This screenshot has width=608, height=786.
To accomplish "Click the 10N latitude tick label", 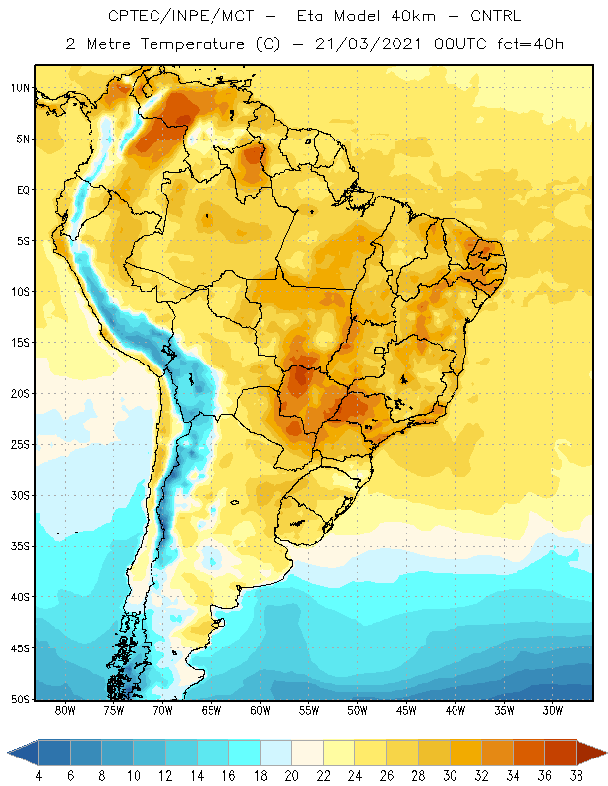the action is [x=20, y=88].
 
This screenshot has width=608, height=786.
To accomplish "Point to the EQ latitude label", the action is [x=23, y=190].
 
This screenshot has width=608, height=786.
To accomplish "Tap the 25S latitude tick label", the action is [x=20, y=445].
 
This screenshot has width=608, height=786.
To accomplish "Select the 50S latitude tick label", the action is [x=20, y=700].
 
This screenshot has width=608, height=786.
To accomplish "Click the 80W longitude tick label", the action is [x=65, y=710].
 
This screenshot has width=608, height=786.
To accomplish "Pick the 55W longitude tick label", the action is [x=309, y=710].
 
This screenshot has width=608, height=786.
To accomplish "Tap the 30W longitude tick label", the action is [x=553, y=710].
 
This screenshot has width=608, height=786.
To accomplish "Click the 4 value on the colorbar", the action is [x=39, y=776].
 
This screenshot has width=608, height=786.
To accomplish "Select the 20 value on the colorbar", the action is [x=291, y=776].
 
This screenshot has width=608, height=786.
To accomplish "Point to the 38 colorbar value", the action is [x=577, y=776].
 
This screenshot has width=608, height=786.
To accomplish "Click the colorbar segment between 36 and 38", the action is [x=561, y=753].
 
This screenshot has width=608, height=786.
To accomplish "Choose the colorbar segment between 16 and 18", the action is [x=245, y=753].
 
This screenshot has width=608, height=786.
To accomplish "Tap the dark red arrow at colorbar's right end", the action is [x=591, y=753].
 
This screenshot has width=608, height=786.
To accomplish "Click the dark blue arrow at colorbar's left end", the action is [x=23, y=753].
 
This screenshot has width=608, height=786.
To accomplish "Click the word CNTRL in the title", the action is [x=496, y=16].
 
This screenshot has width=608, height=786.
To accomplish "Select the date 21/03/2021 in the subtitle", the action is [x=368, y=44].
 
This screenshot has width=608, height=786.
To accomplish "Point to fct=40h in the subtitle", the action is [x=530, y=44].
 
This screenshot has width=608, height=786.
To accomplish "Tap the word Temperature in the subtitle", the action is [x=193, y=44].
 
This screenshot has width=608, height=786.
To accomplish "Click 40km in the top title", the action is [x=413, y=16].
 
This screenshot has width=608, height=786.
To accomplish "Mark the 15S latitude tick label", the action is [x=20, y=343].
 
